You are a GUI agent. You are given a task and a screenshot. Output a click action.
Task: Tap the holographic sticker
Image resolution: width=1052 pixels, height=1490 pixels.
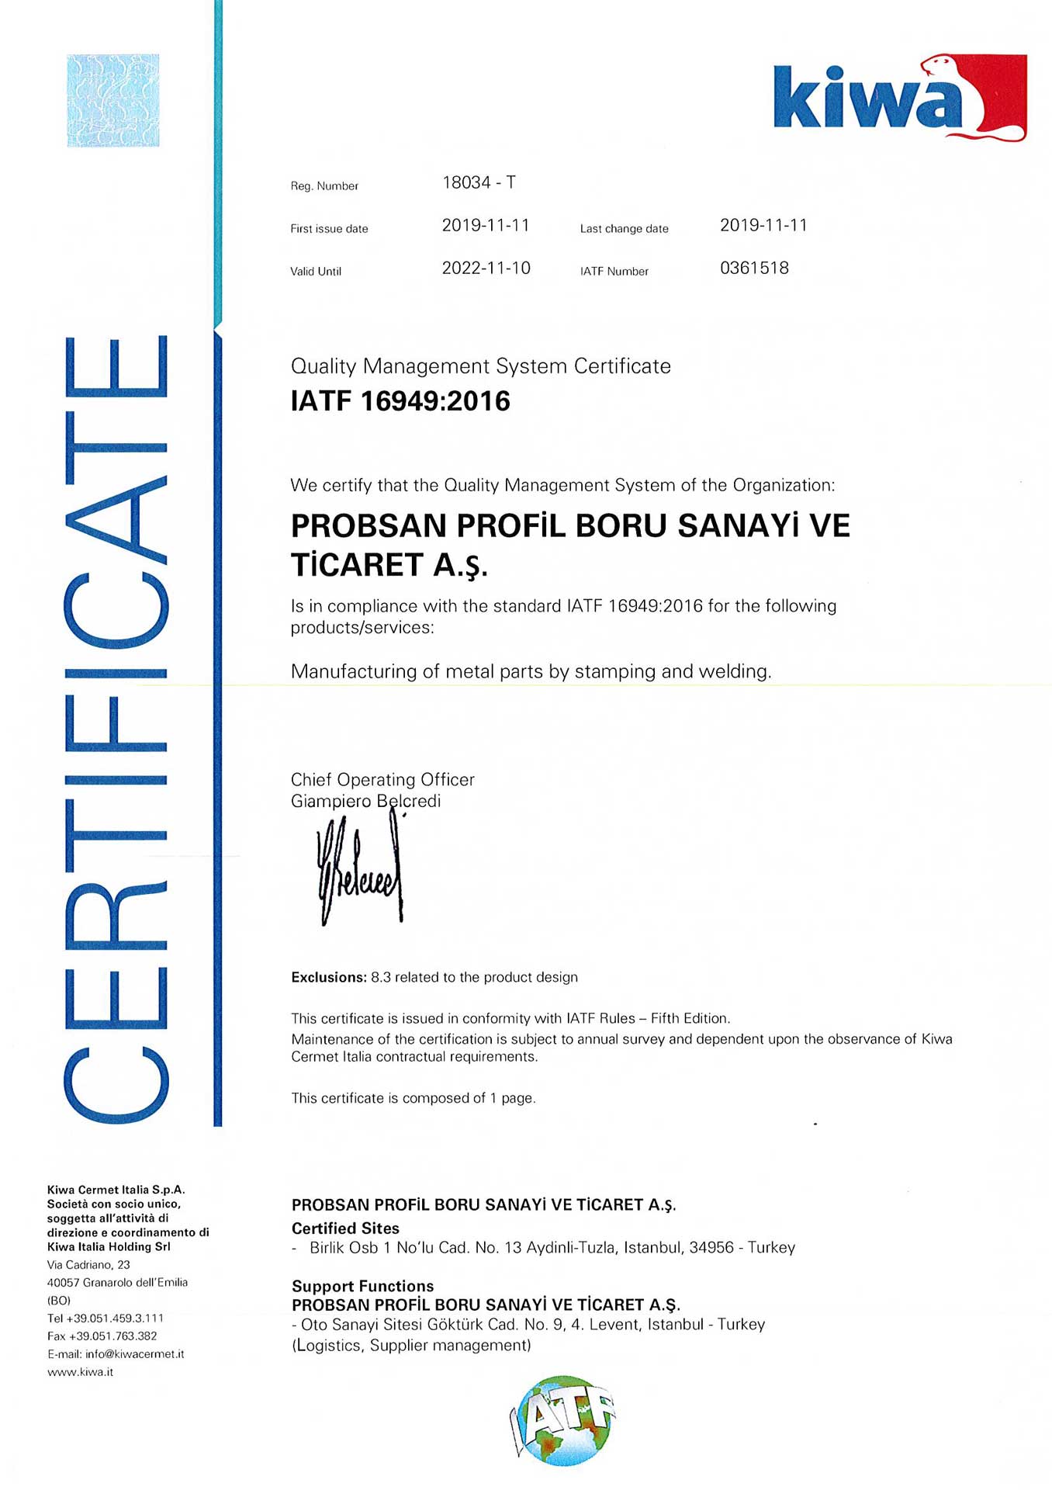pyautogui.click(x=113, y=101)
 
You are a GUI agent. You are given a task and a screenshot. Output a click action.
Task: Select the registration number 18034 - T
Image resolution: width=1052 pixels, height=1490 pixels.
pyautogui.click(x=479, y=183)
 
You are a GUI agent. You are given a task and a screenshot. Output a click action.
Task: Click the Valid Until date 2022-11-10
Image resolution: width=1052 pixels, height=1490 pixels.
pyautogui.click(x=486, y=269)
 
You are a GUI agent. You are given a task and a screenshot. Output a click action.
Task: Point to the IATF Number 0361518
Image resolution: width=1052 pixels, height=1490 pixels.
pyautogui.click(x=754, y=269)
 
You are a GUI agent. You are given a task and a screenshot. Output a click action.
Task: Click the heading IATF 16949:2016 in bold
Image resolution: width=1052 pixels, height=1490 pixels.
pyautogui.click(x=400, y=401)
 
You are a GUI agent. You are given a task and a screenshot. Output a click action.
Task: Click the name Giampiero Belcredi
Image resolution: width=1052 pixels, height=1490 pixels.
pyautogui.click(x=365, y=801)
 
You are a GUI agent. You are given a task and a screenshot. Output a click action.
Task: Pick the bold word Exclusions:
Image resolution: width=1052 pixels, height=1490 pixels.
pyautogui.click(x=328, y=978)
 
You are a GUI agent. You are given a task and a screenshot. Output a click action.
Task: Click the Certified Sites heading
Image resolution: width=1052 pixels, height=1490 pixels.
pyautogui.click(x=345, y=1228)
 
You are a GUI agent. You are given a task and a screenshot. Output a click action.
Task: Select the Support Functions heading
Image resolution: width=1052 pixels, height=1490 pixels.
pyautogui.click(x=362, y=1286)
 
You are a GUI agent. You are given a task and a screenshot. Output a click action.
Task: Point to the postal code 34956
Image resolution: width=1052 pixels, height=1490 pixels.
pyautogui.click(x=711, y=1248)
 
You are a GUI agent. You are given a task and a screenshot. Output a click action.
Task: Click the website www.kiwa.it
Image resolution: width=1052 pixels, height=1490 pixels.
pyautogui.click(x=80, y=1372)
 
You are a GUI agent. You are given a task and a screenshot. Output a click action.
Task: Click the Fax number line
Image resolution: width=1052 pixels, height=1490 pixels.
pyautogui.click(x=102, y=1336)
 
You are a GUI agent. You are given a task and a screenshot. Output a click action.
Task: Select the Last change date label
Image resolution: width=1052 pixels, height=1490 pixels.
pyautogui.click(x=624, y=229)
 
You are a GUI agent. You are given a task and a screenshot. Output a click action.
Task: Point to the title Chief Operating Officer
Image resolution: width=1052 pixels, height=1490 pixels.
pyautogui.click(x=382, y=780)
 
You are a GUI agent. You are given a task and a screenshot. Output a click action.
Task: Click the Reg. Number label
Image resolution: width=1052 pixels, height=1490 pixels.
pyautogui.click(x=324, y=186)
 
